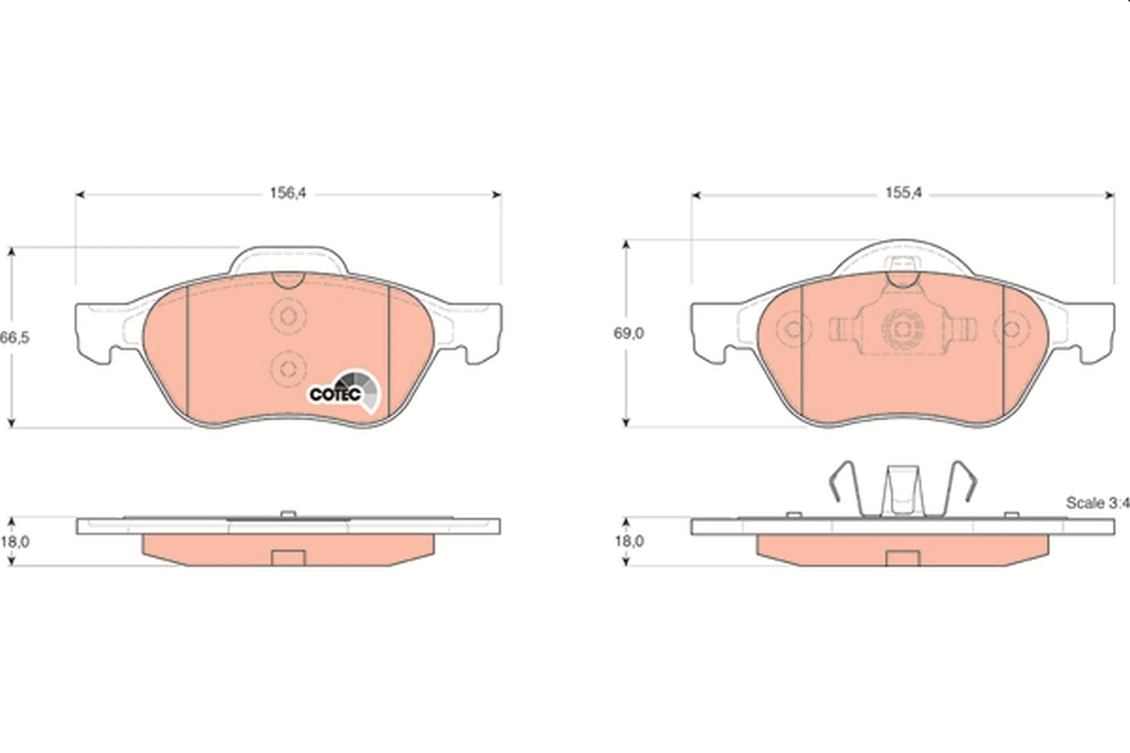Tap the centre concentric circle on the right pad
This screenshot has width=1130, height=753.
pyautogui.click(x=900, y=328)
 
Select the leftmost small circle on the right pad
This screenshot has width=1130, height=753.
pyautogui.click(x=792, y=328)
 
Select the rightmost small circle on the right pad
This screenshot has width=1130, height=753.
pyautogui.click(x=1010, y=328)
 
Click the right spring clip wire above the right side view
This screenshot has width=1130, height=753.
pyautogui.click(x=962, y=489)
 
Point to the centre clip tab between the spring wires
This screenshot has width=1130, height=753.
pyautogui.click(x=900, y=492)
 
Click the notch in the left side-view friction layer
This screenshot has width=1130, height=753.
pyautogui.click(x=287, y=557)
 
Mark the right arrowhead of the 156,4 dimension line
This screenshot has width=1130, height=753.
pyautogui.click(x=496, y=195)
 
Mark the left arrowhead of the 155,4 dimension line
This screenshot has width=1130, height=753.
pyautogui.click(x=697, y=195)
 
